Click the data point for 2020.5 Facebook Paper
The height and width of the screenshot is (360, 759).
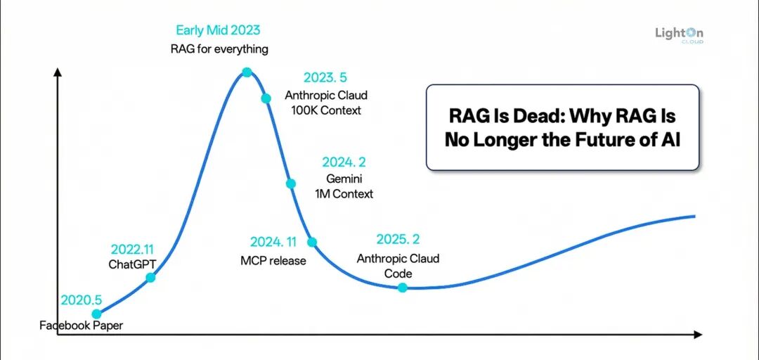tap(97, 314)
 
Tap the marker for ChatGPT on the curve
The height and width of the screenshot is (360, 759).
tap(150, 278)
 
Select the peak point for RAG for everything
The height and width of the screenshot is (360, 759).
tap(247, 72)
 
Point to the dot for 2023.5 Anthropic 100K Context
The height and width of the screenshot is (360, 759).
tap(266, 98)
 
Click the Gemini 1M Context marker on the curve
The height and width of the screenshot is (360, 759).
tap(290, 184)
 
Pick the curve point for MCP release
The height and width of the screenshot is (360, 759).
tap(313, 242)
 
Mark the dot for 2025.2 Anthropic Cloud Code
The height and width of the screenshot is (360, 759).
tap(402, 287)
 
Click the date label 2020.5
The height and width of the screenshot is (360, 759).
tap(82, 300)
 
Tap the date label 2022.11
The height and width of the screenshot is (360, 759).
tap(132, 250)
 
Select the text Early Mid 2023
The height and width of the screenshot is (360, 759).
tap(218, 30)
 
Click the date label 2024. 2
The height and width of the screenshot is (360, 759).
tap(344, 162)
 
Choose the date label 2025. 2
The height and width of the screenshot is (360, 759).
tap(398, 239)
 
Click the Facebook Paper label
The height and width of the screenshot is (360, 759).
tap(81, 326)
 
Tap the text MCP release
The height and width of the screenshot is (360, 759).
tap(273, 261)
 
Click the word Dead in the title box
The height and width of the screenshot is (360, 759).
tap(519, 116)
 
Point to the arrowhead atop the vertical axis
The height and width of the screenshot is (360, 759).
tap(58, 71)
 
